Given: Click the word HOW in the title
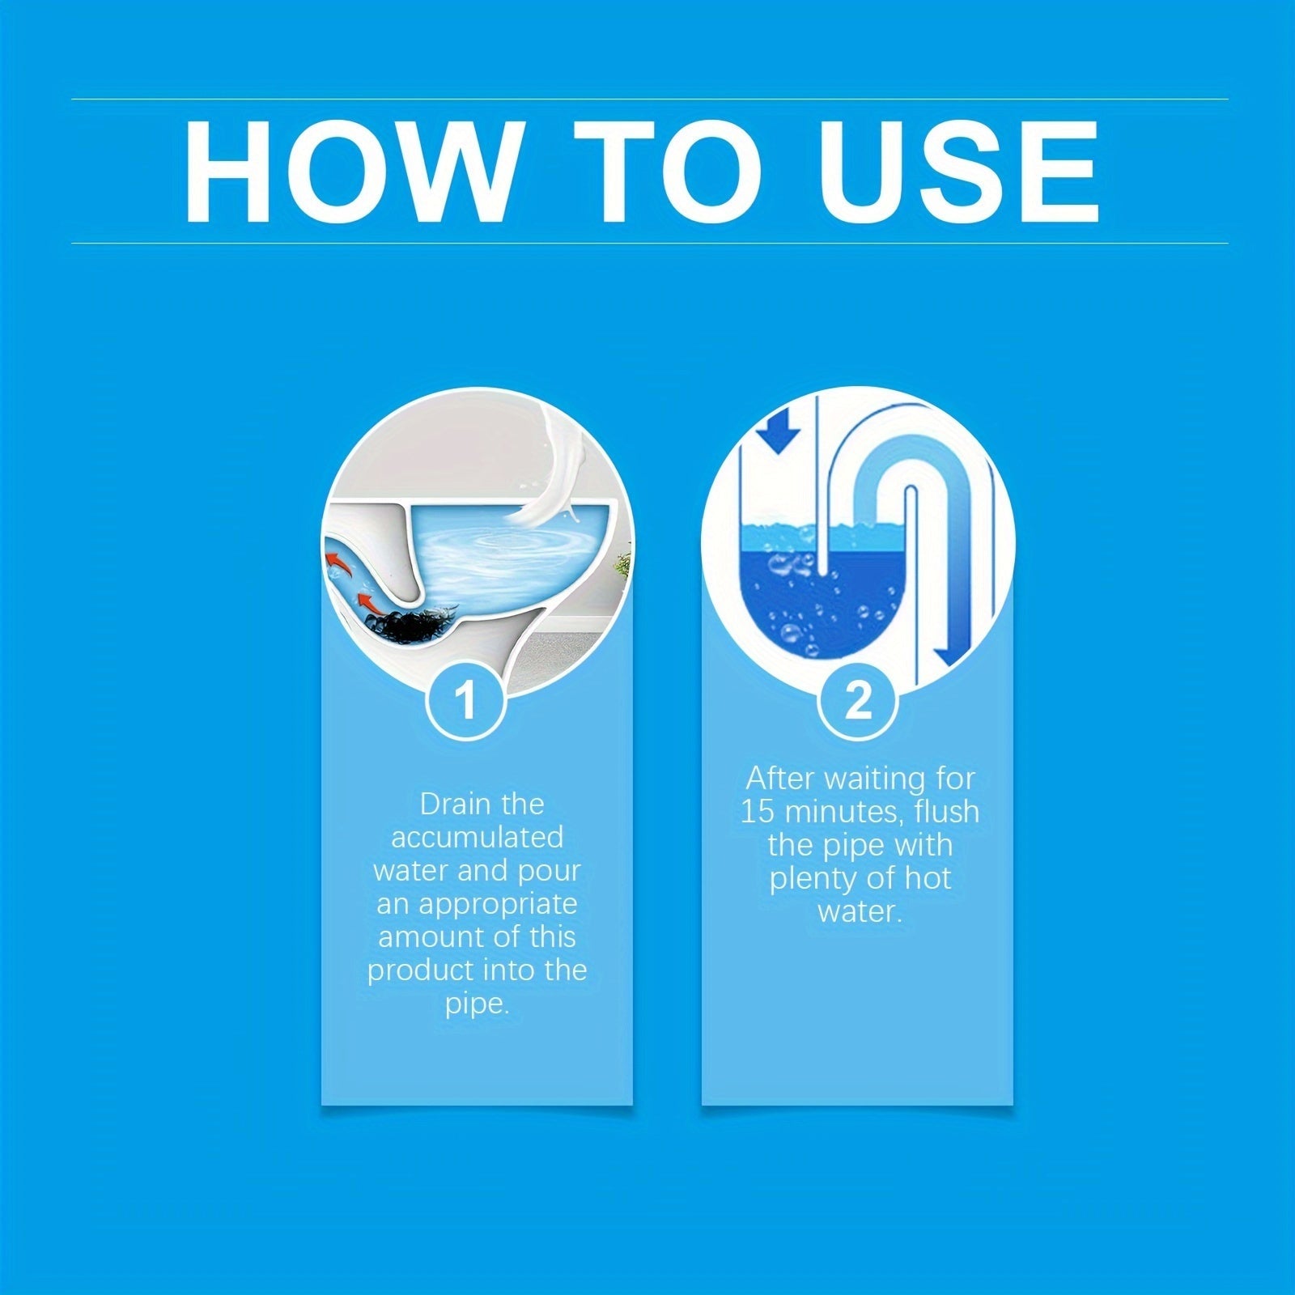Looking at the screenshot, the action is [x=349, y=172].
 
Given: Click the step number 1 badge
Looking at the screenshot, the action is [x=465, y=701].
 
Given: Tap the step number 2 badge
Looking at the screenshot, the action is [x=858, y=701].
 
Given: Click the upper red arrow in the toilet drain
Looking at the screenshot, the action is [x=340, y=563].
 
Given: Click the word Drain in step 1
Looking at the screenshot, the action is [x=448, y=804].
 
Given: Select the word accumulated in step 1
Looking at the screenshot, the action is [x=477, y=837].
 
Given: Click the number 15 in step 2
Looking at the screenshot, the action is [x=758, y=811].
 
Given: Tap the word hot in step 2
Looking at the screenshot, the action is [x=928, y=878].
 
